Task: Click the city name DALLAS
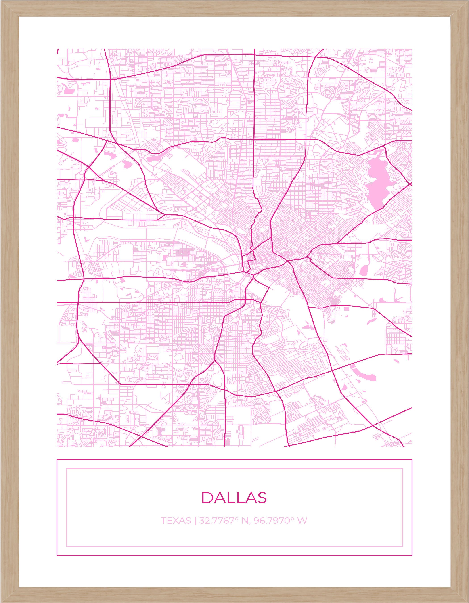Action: coord(234,497)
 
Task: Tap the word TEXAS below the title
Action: coord(176,521)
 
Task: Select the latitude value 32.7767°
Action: coord(218,521)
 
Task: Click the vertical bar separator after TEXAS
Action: coord(195,521)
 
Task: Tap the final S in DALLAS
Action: coord(262,497)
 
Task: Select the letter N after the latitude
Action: coord(245,521)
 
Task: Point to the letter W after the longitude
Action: coord(303,521)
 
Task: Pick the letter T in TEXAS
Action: coord(163,521)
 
